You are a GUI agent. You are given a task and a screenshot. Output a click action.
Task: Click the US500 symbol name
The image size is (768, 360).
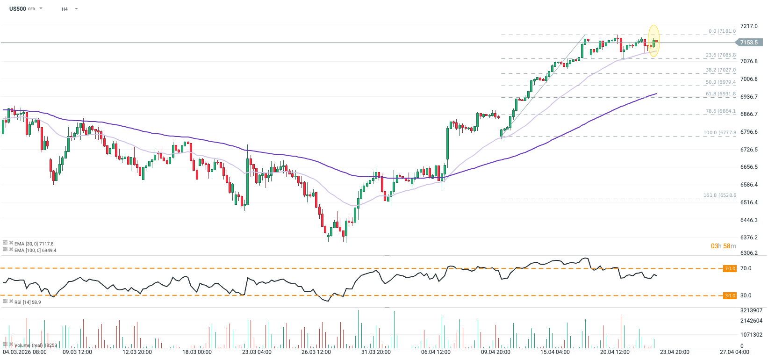pos(18,9)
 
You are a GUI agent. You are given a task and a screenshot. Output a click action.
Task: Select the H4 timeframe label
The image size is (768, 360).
pos(65,9)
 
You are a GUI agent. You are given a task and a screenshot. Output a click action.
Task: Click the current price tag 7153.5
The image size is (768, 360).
pos(749,43)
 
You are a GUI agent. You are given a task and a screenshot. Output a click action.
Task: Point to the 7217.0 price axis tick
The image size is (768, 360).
pos(749,26)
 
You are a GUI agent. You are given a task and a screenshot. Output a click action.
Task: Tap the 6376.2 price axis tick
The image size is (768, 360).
pos(749,238)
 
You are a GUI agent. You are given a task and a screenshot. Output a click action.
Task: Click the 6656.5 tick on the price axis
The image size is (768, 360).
pos(749,167)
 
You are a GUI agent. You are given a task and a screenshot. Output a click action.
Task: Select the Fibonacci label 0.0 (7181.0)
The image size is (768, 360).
pos(722,31)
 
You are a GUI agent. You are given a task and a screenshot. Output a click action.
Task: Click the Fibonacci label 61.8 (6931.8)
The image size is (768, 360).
pos(720,94)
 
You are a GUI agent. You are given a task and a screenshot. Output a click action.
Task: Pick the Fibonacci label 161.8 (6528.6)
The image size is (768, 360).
pos(719,195)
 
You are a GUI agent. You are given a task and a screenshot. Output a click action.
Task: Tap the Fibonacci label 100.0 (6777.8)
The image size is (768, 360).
pos(719,133)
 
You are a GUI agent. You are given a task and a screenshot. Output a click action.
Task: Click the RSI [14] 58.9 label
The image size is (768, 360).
pos(27,302)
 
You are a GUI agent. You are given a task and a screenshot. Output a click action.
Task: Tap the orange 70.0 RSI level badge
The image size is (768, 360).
pos(730,269)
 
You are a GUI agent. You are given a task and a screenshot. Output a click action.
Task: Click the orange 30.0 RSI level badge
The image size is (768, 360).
pos(730,295)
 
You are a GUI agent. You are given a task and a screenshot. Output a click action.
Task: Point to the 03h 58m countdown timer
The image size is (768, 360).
pos(723,246)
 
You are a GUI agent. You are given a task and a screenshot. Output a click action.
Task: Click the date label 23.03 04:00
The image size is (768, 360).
pos(257,352)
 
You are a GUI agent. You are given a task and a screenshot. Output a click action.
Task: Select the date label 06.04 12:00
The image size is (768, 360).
pos(436,352)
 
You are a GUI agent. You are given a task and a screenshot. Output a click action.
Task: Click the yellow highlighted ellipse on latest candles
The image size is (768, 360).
pos(653,41)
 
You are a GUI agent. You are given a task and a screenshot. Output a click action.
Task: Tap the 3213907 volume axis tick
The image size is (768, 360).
pos(751,310)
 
